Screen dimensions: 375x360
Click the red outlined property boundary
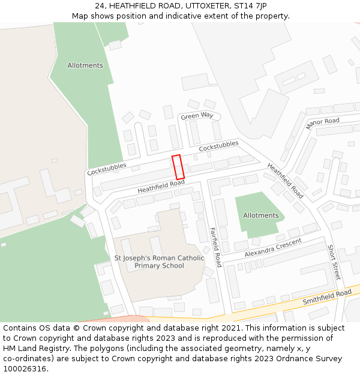click(x=178, y=167)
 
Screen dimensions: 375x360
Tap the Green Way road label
click(x=197, y=116)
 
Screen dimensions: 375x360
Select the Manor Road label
click(x=322, y=124)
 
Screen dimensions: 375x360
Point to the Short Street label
click(x=334, y=262)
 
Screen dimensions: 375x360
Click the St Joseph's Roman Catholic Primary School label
click(x=159, y=262)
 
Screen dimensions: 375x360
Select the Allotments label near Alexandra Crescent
click(x=261, y=215)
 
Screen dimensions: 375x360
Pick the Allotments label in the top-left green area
click(x=85, y=65)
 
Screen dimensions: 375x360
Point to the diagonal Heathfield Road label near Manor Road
click(x=285, y=181)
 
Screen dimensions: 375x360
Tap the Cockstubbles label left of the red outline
click(x=107, y=169)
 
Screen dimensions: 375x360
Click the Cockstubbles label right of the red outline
click(x=218, y=146)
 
